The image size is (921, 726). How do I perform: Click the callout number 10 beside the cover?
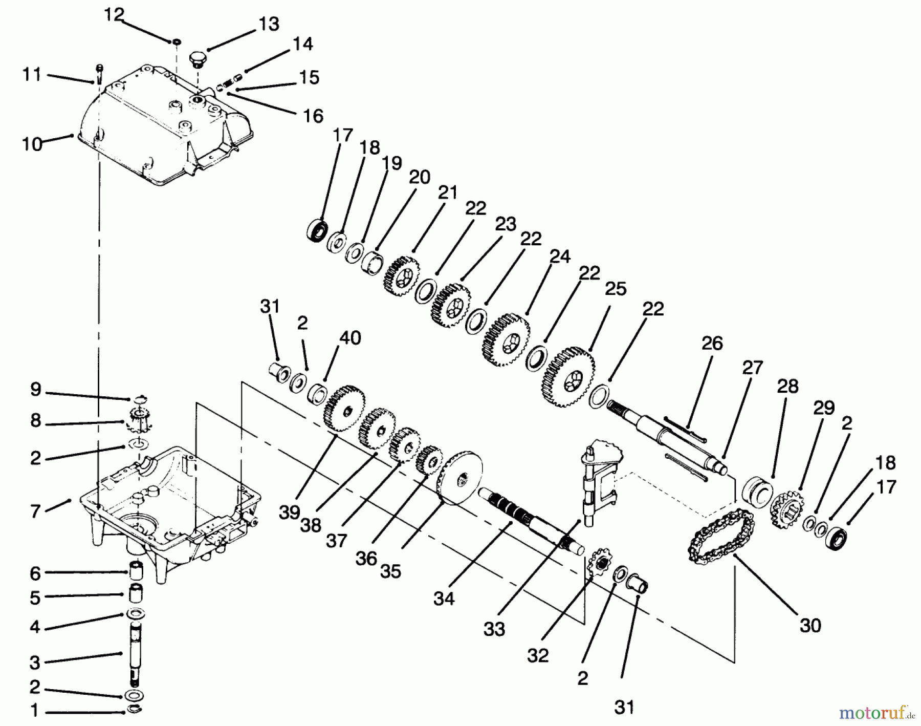tap(32, 144)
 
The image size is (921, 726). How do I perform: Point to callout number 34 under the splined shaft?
tap(444, 598)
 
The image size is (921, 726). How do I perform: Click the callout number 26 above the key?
tap(712, 343)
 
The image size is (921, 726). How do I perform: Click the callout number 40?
tap(350, 338)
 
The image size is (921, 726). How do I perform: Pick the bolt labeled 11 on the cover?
tap(99, 74)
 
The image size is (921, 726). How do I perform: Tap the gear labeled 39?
tap(344, 410)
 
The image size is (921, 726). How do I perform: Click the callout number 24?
tap(560, 257)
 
